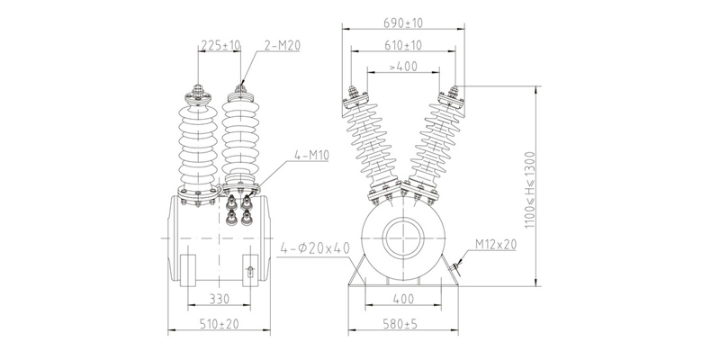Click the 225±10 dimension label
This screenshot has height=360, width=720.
(220, 45)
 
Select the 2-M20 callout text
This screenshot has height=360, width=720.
(283, 45)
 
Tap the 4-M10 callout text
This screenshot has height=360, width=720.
(311, 155)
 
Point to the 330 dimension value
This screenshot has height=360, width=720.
(219, 300)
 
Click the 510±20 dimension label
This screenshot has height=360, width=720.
(219, 324)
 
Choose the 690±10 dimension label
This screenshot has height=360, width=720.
(403, 23)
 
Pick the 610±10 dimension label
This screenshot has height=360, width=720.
(403, 45)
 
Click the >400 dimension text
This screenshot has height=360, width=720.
(403, 67)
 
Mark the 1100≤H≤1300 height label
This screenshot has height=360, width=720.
(530, 190)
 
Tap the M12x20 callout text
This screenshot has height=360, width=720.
(496, 245)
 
